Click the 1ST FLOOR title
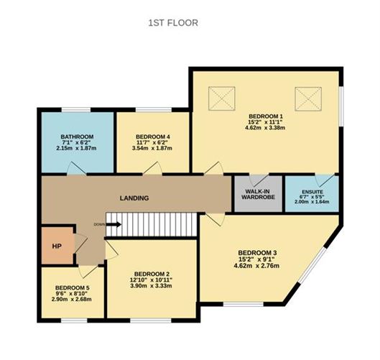point(173,22)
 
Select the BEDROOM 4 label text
point(152,137)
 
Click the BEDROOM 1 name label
point(265,116)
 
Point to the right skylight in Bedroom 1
point(308,98)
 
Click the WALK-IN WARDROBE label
point(256,195)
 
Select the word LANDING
point(134,198)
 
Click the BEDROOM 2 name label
point(152,273)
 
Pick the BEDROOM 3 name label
point(256,252)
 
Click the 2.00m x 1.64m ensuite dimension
point(311,203)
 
